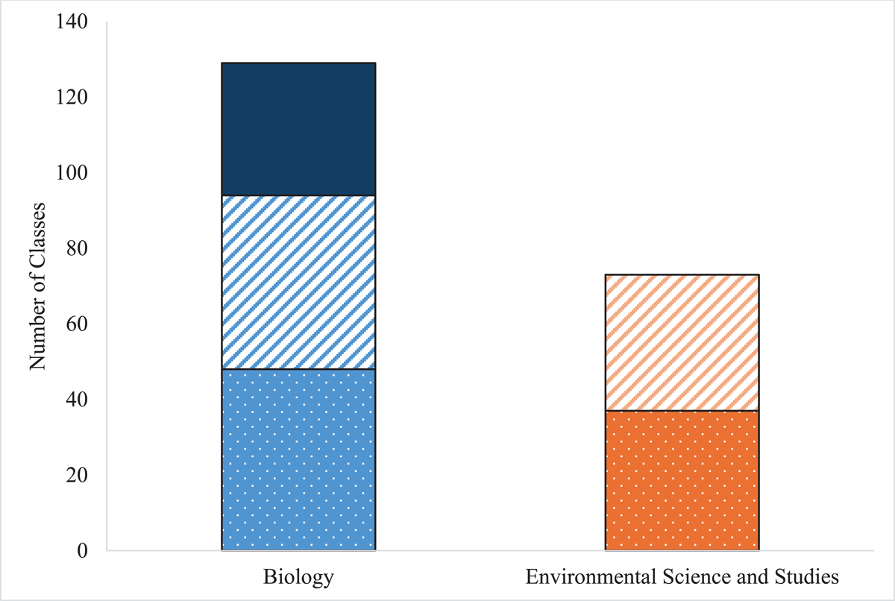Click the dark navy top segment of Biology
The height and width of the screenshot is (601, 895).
click(298, 129)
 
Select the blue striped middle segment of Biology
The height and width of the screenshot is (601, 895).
click(298, 283)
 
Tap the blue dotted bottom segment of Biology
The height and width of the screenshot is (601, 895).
click(298, 460)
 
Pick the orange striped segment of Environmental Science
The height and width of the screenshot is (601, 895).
click(682, 342)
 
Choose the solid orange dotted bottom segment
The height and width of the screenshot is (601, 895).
click(682, 480)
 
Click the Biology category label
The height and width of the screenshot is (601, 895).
click(298, 578)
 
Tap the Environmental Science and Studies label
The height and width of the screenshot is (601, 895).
click(682, 578)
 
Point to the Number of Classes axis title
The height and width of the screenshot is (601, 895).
click(37, 286)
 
